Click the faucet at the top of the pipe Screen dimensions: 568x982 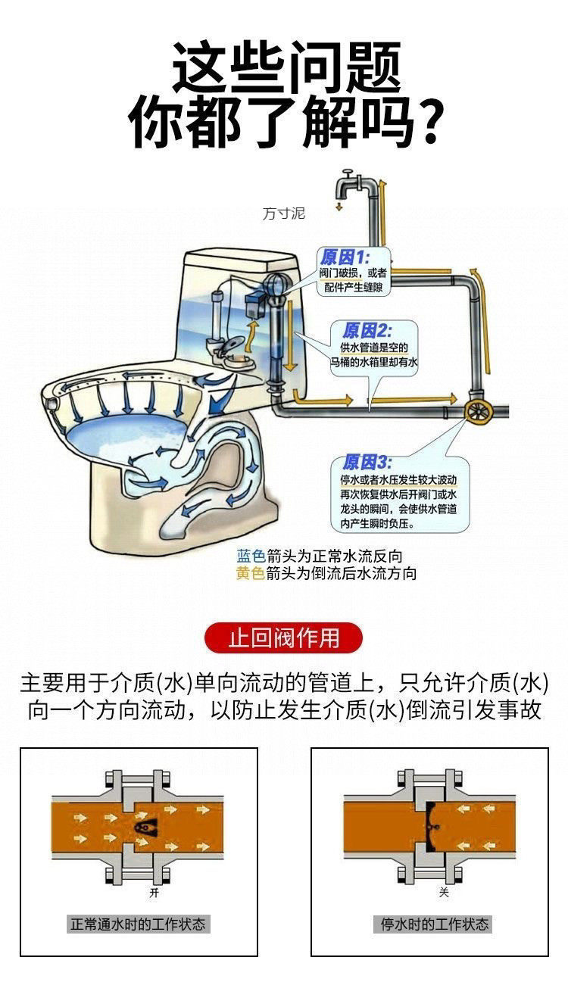(349, 182)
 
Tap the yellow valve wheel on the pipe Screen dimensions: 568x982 (479, 411)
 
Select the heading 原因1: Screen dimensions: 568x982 (343, 257)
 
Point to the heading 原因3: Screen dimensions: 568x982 (367, 463)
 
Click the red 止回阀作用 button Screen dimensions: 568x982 (284, 638)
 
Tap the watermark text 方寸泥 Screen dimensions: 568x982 (283, 214)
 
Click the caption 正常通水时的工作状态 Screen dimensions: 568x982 (138, 924)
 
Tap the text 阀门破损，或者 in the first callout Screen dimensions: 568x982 (353, 273)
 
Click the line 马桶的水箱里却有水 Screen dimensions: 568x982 (374, 363)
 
